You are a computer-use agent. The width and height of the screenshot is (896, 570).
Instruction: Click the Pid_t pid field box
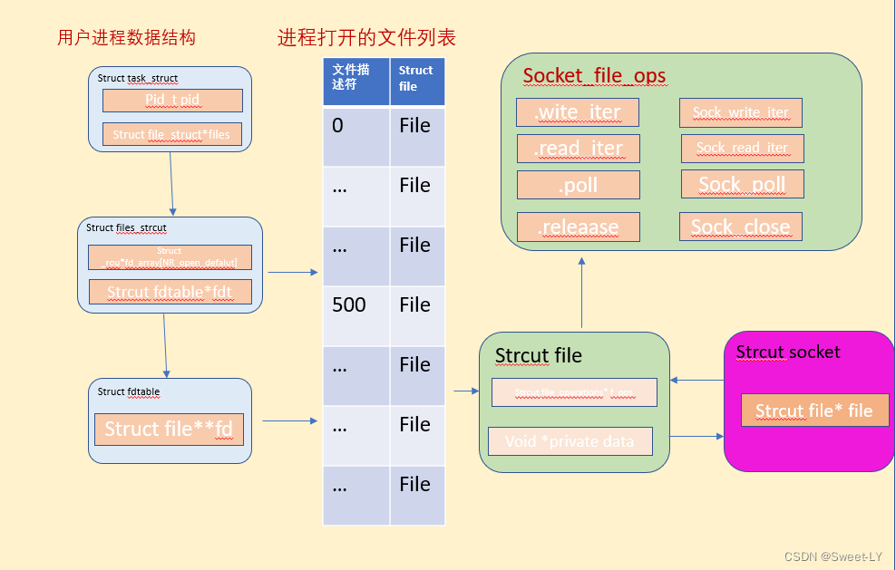coord(171,100)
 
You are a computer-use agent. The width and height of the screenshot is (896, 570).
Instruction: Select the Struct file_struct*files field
coord(171,134)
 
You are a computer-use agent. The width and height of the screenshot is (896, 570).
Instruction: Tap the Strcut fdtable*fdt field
coord(170,292)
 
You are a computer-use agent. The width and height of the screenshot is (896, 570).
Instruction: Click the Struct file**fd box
coord(169,429)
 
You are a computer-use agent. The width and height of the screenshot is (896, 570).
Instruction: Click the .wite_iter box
coord(578,112)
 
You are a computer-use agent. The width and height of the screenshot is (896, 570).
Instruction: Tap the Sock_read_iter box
coord(742,148)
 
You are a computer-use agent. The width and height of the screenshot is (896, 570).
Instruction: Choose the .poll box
coord(578,185)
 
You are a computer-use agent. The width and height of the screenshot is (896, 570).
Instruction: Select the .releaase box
coord(578,227)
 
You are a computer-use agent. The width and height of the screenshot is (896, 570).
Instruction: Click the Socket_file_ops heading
coord(594,76)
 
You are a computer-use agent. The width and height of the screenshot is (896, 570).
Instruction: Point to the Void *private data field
coord(570,441)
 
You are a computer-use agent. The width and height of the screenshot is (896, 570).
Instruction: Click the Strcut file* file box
coord(813,411)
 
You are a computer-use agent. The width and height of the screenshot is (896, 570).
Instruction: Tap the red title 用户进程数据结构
coord(126,37)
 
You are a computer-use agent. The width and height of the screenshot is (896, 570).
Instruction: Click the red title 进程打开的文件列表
coord(366,37)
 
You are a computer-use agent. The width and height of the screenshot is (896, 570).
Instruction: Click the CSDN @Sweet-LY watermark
coord(833,556)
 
